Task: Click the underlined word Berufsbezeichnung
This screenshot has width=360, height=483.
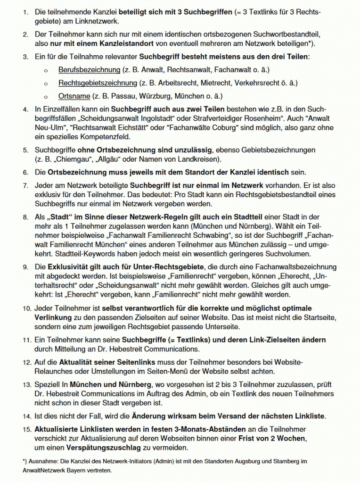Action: pyautogui.click(x=90, y=70)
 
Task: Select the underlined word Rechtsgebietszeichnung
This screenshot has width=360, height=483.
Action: pyautogui.click(x=98, y=83)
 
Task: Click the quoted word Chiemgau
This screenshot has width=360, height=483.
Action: pyautogui.click(x=69, y=159)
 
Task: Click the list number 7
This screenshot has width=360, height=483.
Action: pyautogui.click(x=25, y=186)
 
